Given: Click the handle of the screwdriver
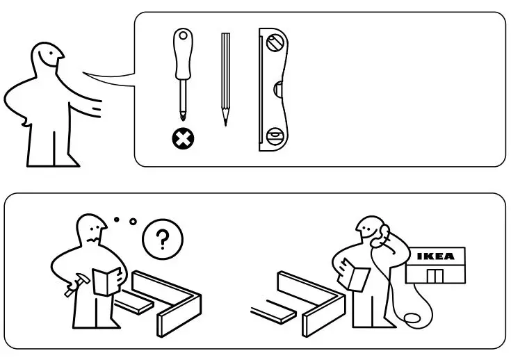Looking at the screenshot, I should [183, 56].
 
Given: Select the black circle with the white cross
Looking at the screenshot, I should [184, 138].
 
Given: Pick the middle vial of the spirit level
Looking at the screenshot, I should [277, 89].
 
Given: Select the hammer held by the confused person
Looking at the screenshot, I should [72, 285].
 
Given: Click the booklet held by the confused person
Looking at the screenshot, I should [108, 281].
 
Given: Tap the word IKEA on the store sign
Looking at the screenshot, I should [435, 256].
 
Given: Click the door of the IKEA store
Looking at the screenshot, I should [435, 277].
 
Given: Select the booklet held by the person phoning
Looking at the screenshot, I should [357, 277].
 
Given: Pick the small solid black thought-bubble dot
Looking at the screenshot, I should [116, 220].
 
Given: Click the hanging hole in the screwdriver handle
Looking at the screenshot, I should [182, 34].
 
